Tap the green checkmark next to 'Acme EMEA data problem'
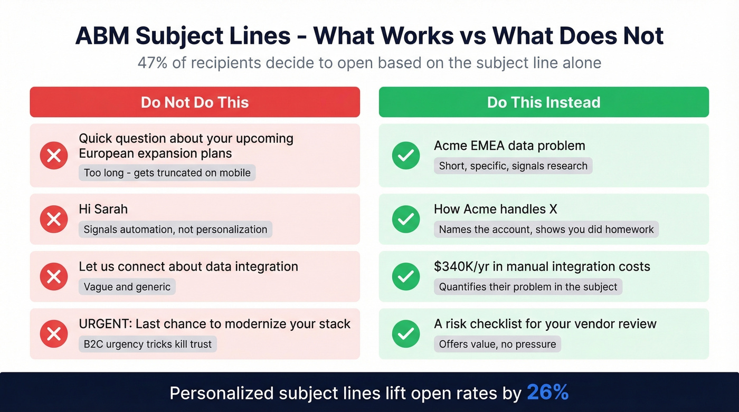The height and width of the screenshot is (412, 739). (406, 156)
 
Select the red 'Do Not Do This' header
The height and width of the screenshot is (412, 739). (195, 102)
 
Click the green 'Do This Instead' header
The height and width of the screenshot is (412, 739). (544, 102)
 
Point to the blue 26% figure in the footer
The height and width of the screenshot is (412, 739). (547, 392)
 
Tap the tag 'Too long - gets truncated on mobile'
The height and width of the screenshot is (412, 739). (167, 173)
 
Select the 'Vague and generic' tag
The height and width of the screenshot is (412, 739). (127, 287)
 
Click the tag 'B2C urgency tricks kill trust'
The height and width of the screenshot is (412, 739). (148, 344)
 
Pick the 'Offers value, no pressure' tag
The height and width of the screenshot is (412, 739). (497, 344)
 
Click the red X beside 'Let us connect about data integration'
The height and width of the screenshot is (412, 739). (54, 276)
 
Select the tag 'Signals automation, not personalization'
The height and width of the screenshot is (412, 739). (175, 229)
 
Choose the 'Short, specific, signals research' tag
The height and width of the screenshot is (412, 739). (513, 166)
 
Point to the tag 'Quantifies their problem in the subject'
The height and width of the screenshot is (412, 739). (528, 287)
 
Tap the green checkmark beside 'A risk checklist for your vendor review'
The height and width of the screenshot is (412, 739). (406, 333)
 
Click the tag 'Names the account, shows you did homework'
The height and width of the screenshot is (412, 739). (546, 229)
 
